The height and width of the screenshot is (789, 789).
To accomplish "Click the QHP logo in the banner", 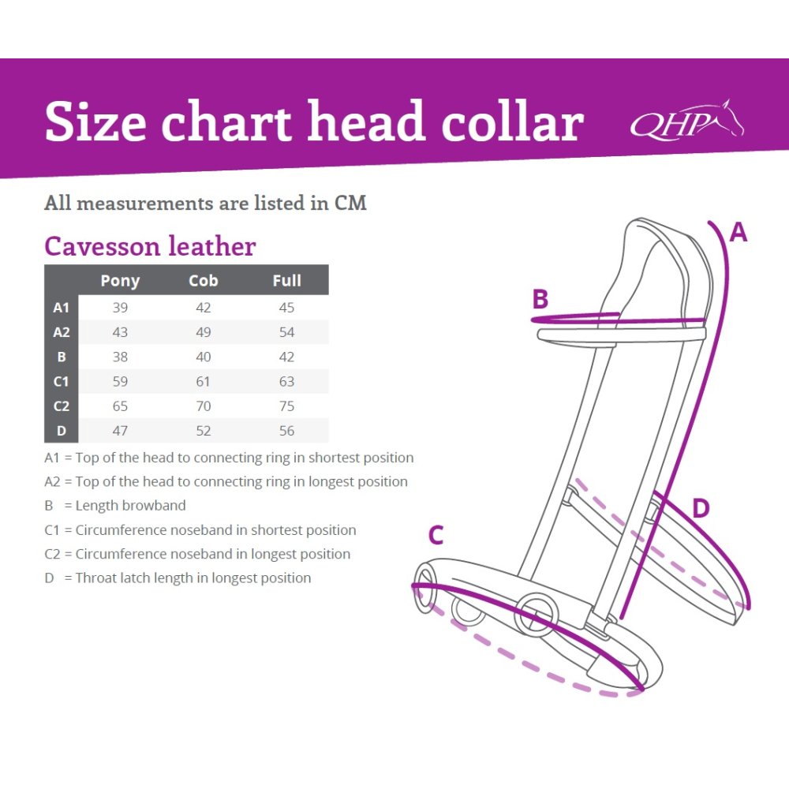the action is click(x=687, y=120).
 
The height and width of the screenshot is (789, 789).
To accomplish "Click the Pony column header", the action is click(x=120, y=281).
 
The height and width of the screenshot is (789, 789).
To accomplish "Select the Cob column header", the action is click(x=204, y=280).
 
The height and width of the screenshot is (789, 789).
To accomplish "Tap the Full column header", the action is click(x=287, y=280).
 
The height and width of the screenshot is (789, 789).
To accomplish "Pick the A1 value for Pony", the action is click(x=120, y=308).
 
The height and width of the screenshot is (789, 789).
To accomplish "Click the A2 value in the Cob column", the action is click(x=204, y=332).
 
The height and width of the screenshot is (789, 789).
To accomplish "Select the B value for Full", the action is click(x=287, y=357).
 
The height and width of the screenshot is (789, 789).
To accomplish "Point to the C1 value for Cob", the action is click(x=204, y=381).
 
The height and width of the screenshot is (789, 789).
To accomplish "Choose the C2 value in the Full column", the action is click(x=287, y=406).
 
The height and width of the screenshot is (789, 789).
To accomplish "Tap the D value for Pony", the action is click(x=120, y=431).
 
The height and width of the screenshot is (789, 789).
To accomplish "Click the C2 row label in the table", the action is click(x=62, y=406).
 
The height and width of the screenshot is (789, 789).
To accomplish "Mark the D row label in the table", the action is click(x=62, y=431).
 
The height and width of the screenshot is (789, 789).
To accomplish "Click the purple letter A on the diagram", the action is click(x=739, y=233).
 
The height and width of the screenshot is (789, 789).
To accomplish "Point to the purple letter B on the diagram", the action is click(x=540, y=299).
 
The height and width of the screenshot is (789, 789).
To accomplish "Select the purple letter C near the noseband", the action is click(x=436, y=535).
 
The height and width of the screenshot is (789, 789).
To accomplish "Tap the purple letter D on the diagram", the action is click(x=701, y=508).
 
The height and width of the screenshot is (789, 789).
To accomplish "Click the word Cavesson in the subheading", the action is click(x=102, y=246).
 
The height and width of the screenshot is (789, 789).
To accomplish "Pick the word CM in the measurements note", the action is click(x=351, y=204).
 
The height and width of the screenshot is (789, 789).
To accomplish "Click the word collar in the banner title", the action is click(x=513, y=122).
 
